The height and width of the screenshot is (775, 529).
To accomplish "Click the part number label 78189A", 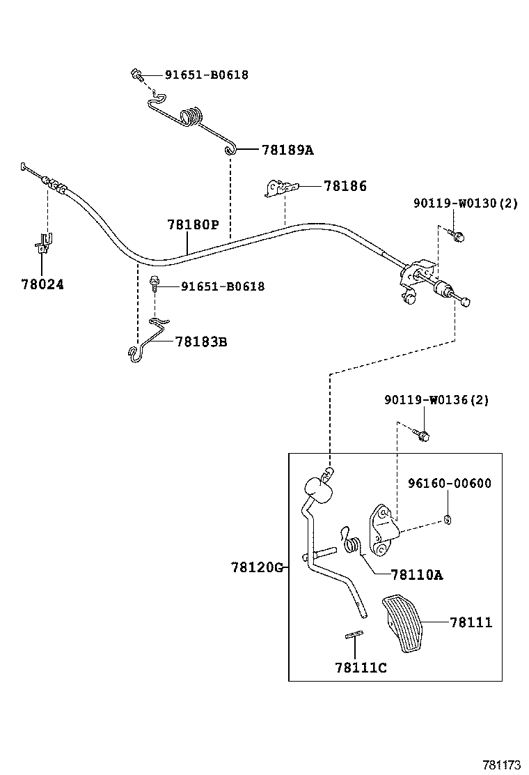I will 287,150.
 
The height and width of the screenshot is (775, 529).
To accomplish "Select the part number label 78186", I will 345,186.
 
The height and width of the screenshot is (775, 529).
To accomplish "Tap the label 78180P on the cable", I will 193,225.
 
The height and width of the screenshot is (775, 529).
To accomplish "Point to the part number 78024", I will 42,284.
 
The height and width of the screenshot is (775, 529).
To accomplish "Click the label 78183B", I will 200,342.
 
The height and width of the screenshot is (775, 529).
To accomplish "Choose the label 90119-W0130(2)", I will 465,204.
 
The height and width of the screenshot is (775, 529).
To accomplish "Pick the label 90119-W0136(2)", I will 436,400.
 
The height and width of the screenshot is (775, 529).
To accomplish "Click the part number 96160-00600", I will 449,483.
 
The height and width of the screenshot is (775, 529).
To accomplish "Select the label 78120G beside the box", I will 256,567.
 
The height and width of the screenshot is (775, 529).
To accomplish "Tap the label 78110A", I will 417,574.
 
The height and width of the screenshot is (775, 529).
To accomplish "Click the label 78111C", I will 361,668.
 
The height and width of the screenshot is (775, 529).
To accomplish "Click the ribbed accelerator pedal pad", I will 406,622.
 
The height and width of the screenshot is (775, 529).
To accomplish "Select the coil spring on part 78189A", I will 193,116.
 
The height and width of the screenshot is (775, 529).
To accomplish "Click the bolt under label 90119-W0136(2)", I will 422,434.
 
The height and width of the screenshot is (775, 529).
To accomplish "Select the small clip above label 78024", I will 44,244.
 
